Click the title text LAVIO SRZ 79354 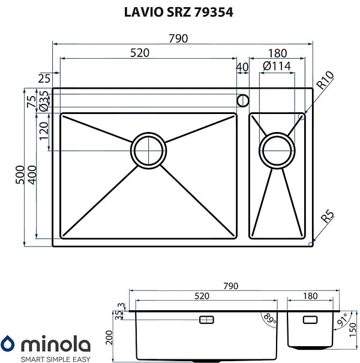coord(179,11)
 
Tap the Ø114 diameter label coord(277,67)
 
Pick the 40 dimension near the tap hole coord(242,67)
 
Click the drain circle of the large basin coord(148,149)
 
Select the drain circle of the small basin coord(277,149)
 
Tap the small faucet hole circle coord(243,100)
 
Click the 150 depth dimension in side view coord(353,329)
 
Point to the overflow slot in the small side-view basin coord(311,319)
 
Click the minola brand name coord(55,345)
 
